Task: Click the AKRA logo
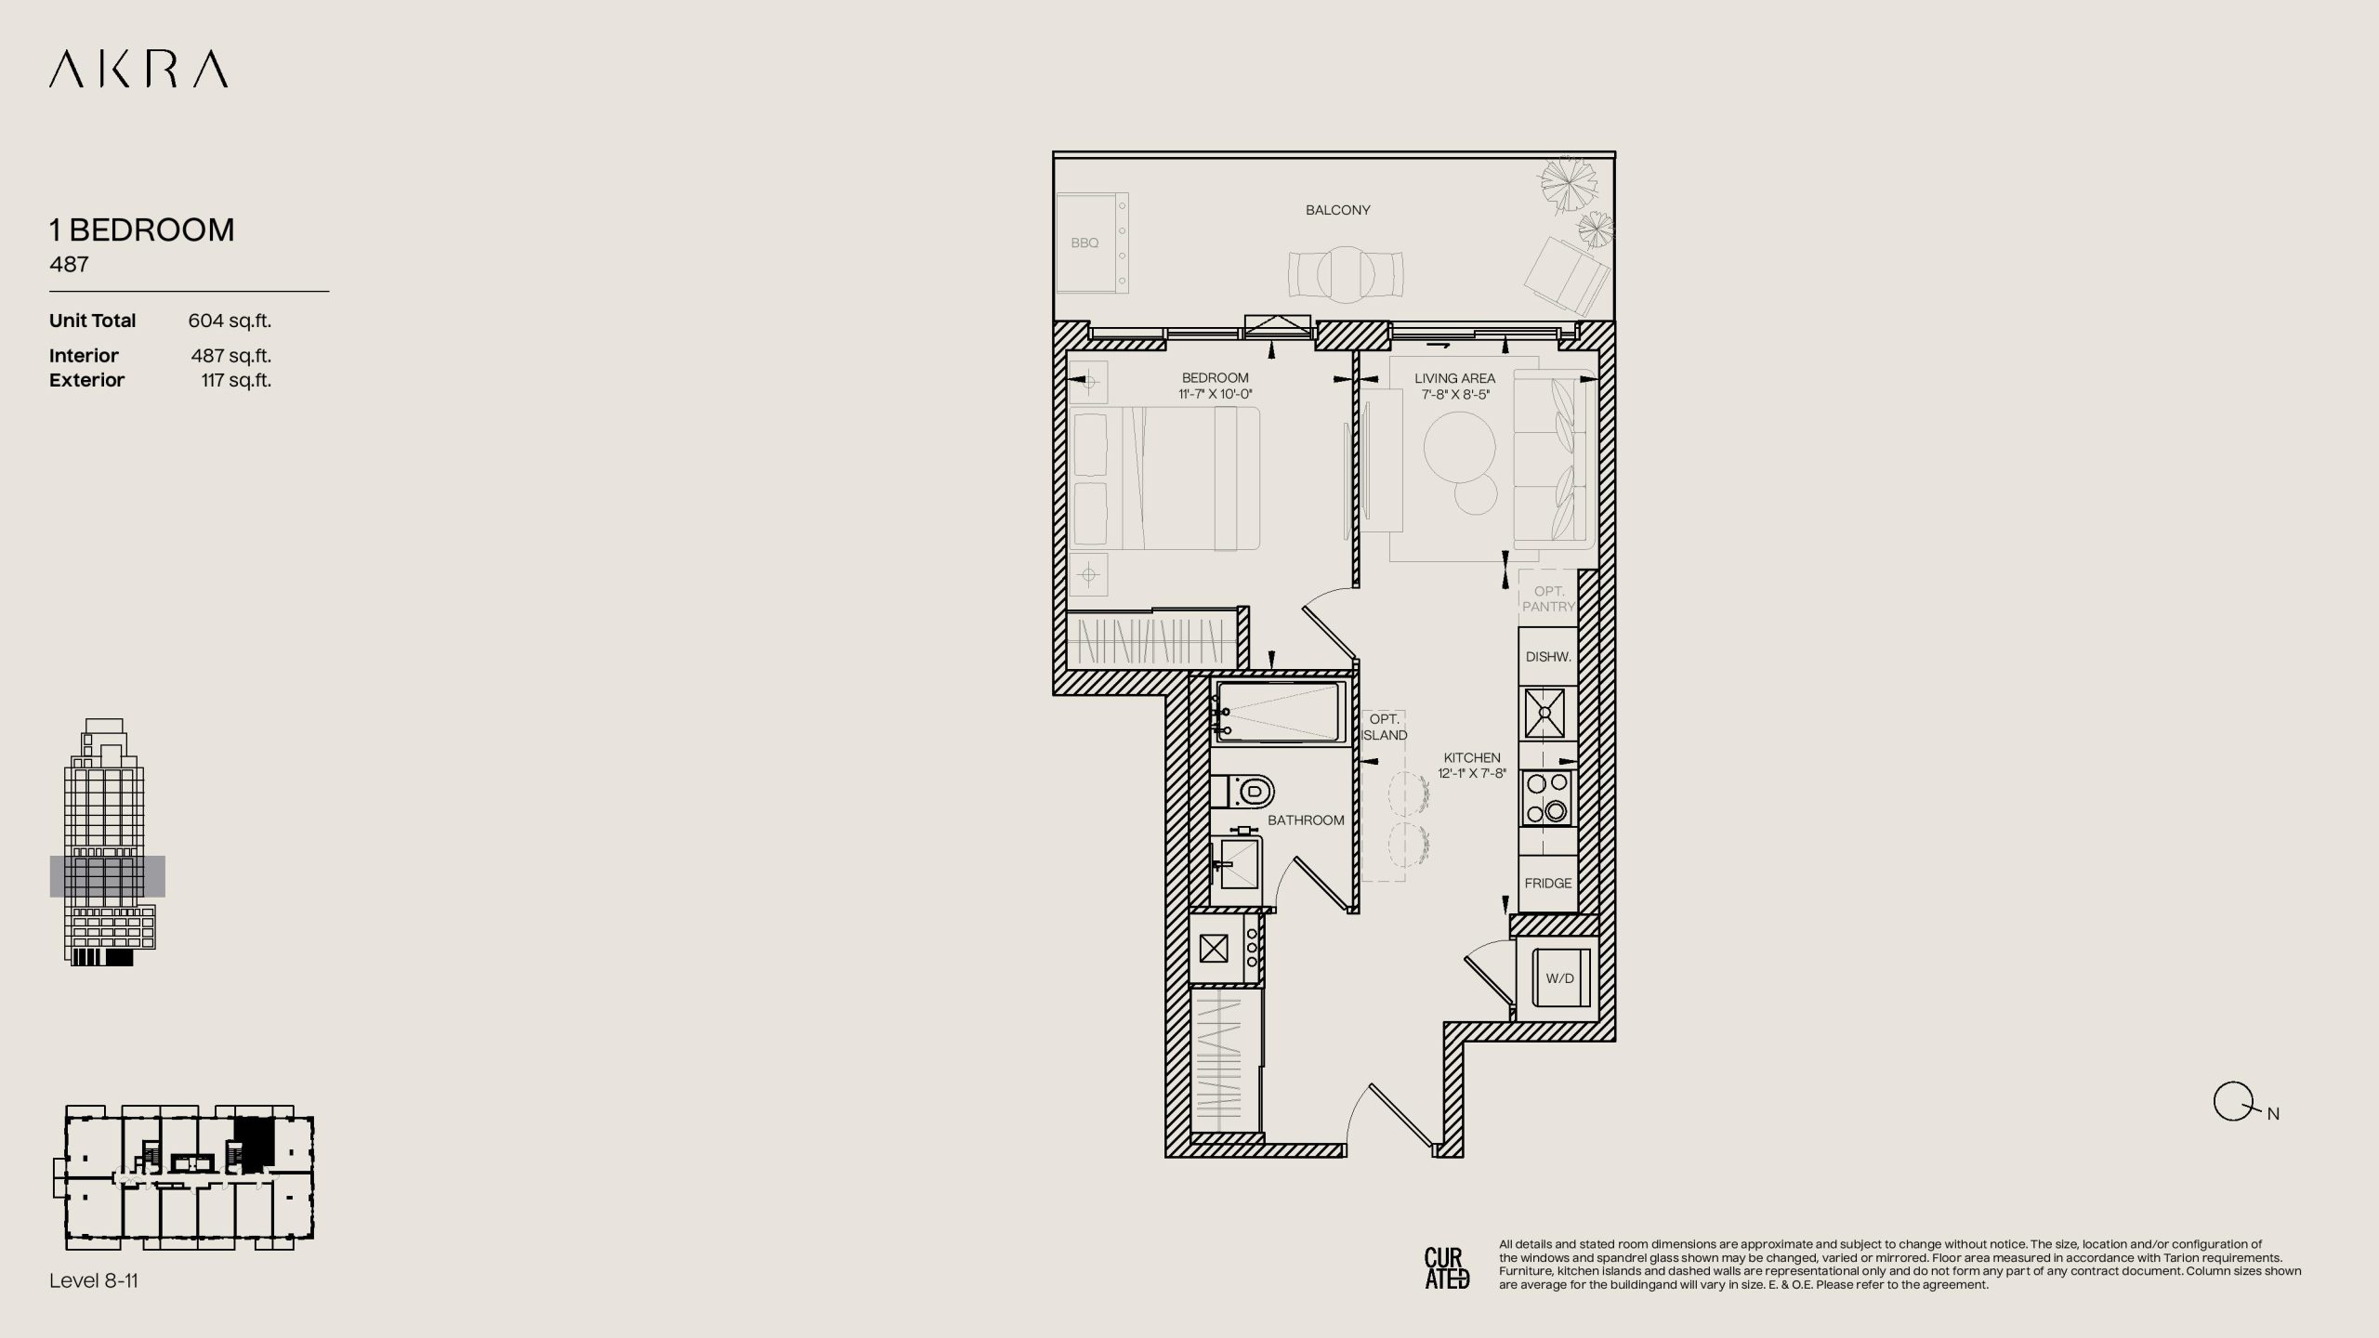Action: [x=138, y=70]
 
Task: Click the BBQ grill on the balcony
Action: [x=1092, y=243]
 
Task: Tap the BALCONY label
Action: [x=1337, y=210]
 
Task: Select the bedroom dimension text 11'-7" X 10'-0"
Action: [x=1216, y=394]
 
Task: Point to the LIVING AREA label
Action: [x=1454, y=378]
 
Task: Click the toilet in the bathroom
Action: [x=1242, y=793]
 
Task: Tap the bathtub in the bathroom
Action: [x=1280, y=712]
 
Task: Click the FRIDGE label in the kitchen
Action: [x=1548, y=883]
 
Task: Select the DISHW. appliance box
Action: [x=1548, y=657]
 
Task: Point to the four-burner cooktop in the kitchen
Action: [x=1547, y=798]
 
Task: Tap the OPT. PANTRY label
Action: [x=1548, y=598]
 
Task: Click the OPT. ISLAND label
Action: [x=1385, y=727]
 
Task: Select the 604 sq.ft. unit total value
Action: [x=230, y=321]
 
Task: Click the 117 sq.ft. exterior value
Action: [x=236, y=380]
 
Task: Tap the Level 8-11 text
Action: [x=94, y=1280]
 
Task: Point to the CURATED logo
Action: [x=1447, y=1268]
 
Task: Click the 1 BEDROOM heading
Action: [x=142, y=230]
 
